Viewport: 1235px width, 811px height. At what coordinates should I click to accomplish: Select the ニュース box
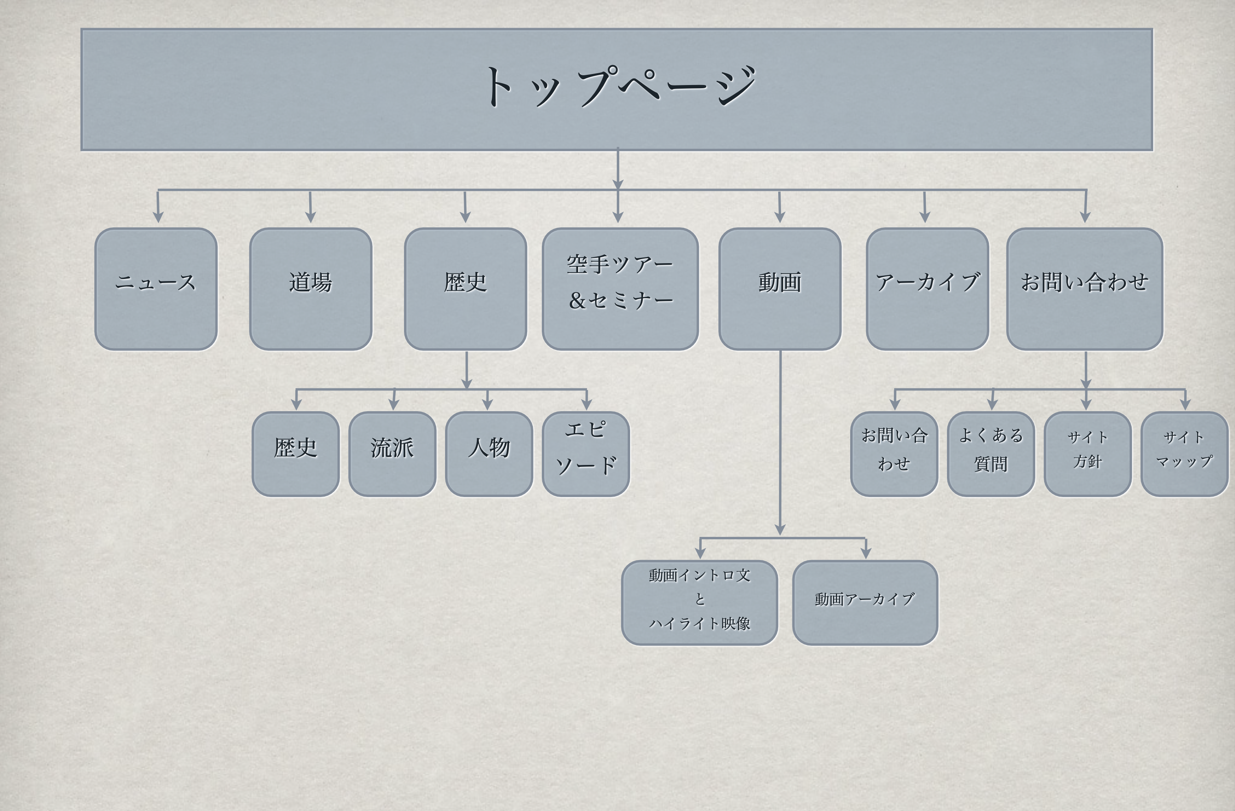click(156, 288)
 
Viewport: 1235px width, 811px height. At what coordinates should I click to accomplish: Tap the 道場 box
click(310, 288)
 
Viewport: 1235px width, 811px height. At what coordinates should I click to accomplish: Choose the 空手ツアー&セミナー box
click(620, 288)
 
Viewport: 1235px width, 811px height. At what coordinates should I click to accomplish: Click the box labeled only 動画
click(779, 288)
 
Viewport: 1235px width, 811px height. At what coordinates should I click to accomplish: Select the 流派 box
click(392, 453)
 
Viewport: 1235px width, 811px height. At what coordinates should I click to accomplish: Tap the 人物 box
click(489, 453)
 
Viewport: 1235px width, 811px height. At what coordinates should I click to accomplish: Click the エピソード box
click(586, 453)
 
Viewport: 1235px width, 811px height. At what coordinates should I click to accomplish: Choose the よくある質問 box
click(991, 453)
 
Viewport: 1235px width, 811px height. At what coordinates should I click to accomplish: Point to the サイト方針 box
click(1087, 453)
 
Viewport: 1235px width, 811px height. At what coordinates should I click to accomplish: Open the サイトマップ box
click(1184, 453)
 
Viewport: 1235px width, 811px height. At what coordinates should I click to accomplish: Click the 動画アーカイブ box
click(865, 602)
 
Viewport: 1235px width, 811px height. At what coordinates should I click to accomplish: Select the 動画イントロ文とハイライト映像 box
click(700, 602)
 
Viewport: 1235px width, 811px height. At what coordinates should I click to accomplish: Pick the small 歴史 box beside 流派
click(296, 453)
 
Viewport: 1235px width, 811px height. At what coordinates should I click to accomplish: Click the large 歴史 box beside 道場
click(465, 288)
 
